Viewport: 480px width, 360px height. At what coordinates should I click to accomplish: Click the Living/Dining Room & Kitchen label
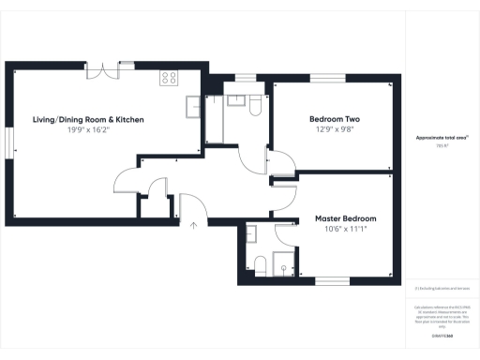[x=88, y=120]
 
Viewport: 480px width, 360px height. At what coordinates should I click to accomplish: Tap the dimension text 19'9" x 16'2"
[x=88, y=131]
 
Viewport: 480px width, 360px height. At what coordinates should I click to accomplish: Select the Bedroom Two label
[x=335, y=120]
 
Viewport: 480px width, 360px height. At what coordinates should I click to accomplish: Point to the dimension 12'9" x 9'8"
[x=335, y=131]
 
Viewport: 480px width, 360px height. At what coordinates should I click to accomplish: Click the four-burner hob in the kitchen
[x=170, y=78]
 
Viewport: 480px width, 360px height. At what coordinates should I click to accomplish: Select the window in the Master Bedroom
[x=331, y=280]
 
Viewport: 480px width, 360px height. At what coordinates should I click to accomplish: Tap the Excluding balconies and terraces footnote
[x=441, y=288]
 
